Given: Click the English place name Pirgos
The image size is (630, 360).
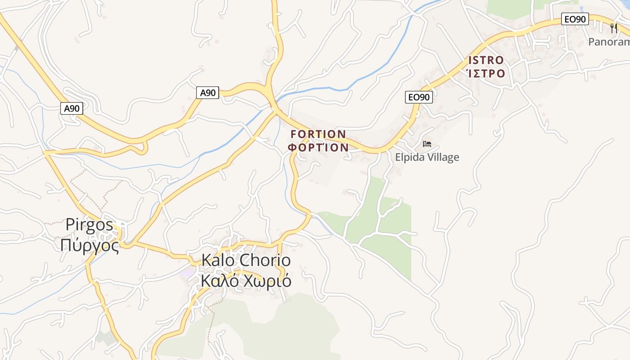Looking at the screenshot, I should pos(89,225).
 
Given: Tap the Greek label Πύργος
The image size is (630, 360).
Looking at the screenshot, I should pos(90,246).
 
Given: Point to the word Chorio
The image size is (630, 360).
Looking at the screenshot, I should pos(265,260).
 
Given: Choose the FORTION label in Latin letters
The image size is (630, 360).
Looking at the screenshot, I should pos(318,134).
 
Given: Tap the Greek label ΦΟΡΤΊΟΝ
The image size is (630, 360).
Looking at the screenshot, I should pos(318,147).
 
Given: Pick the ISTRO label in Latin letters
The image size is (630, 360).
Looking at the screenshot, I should pos(486,60).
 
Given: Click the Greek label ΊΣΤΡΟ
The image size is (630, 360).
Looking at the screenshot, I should pos(486,73).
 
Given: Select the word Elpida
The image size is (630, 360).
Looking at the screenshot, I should pos(410,157).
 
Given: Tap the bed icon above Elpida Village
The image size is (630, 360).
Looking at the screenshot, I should pos(427,144).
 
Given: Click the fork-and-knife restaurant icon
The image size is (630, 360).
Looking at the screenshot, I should pos(613,28).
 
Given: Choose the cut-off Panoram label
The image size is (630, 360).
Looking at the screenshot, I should pos(609,42).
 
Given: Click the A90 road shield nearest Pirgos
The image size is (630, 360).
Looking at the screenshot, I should pos(72,108).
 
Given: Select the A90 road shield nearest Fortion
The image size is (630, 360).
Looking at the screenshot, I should pos(208,93).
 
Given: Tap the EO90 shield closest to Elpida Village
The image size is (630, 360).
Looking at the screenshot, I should pos(418,97).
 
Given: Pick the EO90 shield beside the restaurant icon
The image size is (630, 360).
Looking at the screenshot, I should pos(575,19).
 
